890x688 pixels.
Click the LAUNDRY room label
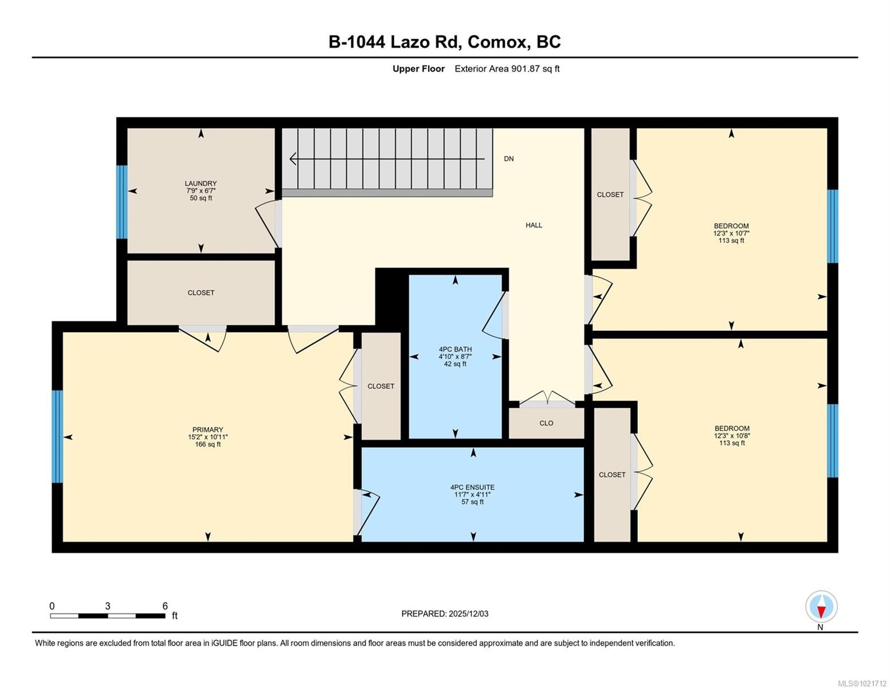[201, 183]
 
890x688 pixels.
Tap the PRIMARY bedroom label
[207, 429]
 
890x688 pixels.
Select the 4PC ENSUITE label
[472, 487]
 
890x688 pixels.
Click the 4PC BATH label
[455, 349]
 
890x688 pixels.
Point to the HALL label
[534, 225]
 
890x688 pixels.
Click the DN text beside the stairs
[508, 159]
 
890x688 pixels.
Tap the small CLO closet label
[546, 423]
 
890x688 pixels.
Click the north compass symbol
[821, 607]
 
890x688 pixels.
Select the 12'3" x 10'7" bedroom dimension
[731, 233]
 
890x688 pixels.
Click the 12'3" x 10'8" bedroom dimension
[732, 436]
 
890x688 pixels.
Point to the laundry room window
[121, 202]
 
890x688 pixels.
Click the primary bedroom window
[57, 436]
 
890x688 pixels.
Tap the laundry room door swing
[267, 222]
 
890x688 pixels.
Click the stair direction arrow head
[293, 159]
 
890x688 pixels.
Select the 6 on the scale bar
[165, 606]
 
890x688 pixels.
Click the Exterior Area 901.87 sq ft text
[507, 69]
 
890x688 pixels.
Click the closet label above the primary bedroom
[201, 292]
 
